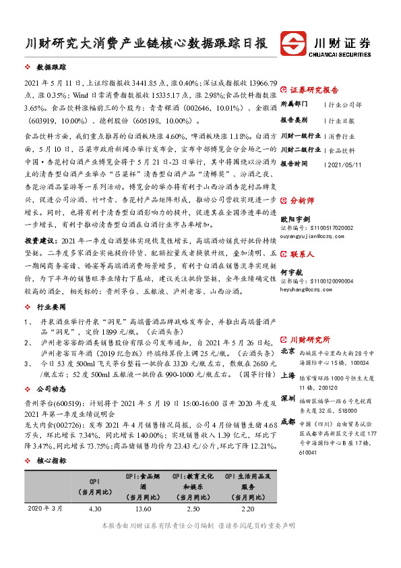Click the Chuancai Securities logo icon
click(295, 42)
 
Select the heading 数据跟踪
click(51, 68)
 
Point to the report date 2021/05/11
click(345, 164)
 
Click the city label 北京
click(288, 351)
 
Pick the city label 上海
click(288, 374)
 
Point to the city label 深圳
click(288, 397)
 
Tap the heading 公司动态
click(51, 389)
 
